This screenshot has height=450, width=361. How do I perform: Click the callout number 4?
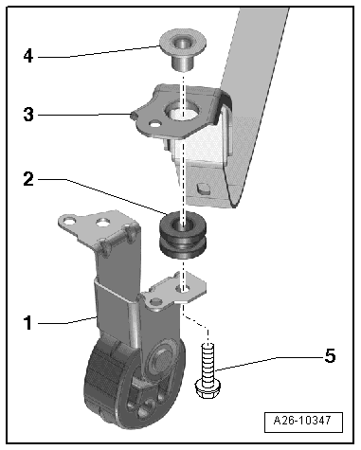(28, 56)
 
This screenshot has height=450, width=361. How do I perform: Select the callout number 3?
(28, 115)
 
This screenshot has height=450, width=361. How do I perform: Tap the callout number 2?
(28, 179)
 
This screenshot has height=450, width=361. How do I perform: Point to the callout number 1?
(28, 323)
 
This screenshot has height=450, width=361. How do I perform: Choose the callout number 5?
(330, 356)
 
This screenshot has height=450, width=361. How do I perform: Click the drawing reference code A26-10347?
(303, 421)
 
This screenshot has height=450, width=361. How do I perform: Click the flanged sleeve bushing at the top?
(183, 50)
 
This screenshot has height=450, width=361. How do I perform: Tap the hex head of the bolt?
(208, 388)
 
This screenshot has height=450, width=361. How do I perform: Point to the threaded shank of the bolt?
(208, 362)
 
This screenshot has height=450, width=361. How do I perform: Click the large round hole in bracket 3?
(182, 111)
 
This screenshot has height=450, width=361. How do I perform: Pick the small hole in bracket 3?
(155, 124)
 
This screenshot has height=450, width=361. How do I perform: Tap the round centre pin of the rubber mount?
(162, 360)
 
